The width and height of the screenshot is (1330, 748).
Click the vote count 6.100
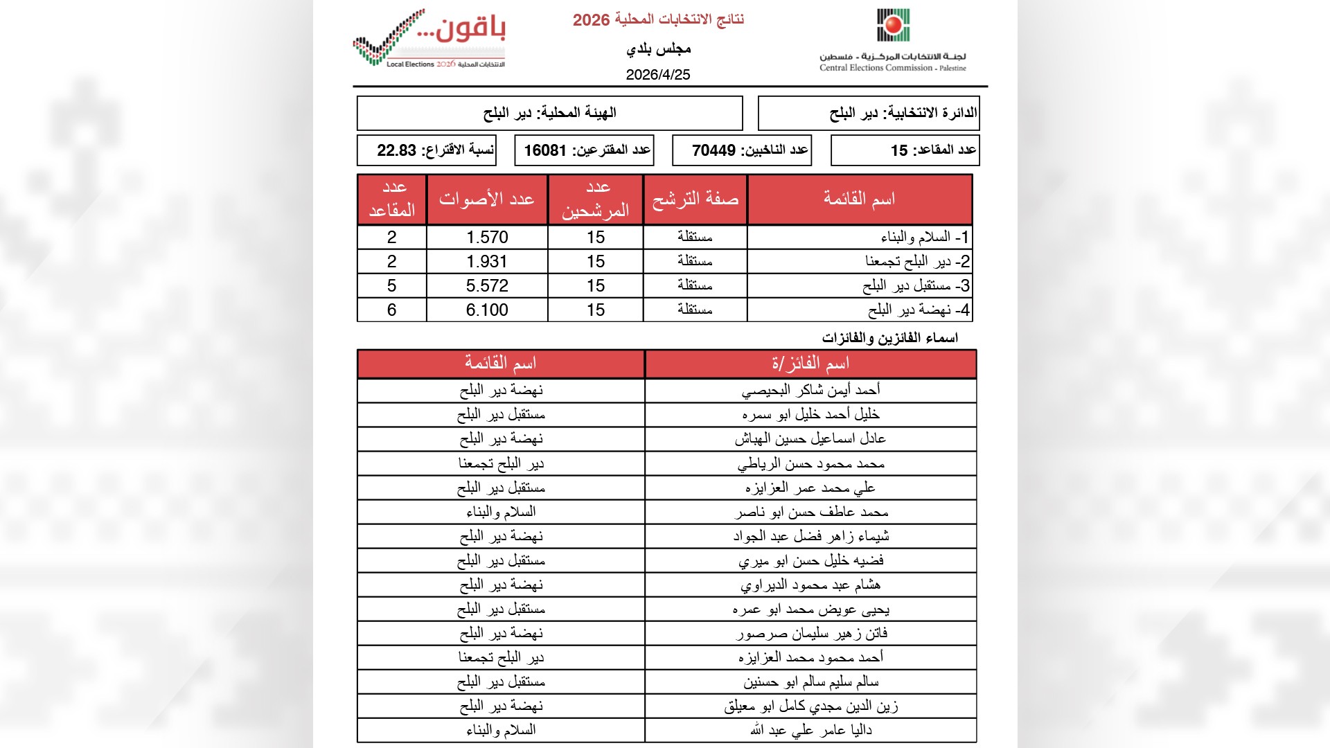point(487,310)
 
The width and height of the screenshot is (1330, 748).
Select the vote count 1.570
point(487,238)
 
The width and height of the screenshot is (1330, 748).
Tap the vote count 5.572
point(487,286)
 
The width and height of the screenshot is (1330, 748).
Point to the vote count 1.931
point(487,262)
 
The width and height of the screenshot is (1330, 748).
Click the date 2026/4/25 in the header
point(658,75)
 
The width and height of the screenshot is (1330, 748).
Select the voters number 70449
point(713,150)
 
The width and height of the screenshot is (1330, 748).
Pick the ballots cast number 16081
point(545,150)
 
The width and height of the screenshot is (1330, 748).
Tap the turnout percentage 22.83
point(396,150)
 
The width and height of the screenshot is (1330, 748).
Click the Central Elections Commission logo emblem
point(893,26)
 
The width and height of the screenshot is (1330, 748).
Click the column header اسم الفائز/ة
point(810,364)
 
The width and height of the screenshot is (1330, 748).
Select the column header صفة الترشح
point(695,199)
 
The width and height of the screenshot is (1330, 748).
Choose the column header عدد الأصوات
point(487,199)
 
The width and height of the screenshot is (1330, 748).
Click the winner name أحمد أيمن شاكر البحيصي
point(810,391)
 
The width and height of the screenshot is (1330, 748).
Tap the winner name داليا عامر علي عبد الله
point(810,730)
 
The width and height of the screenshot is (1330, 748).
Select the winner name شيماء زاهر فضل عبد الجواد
point(810,536)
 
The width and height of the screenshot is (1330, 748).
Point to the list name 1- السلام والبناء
point(925,238)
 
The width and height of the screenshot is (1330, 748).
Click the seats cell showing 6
point(392,310)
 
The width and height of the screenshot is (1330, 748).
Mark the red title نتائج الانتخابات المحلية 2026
point(658,20)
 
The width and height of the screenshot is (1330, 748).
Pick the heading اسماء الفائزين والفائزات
point(889,338)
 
